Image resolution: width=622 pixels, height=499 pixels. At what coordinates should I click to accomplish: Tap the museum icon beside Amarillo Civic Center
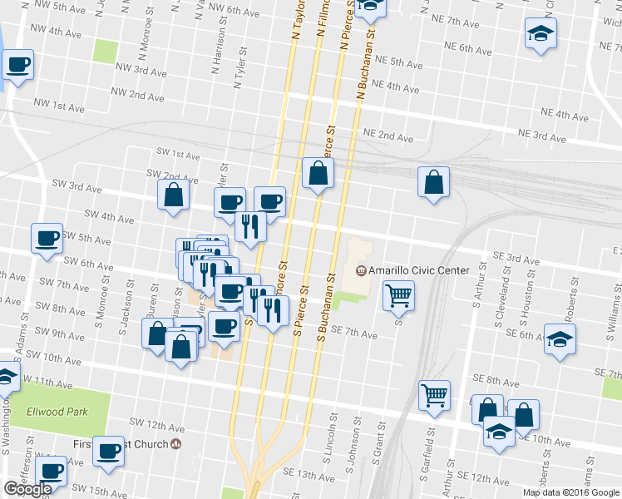[x=361, y=270]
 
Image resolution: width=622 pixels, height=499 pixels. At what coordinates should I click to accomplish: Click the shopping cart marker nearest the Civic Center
[x=399, y=294]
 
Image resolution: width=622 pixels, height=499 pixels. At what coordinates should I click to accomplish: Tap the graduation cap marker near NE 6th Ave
[x=541, y=33]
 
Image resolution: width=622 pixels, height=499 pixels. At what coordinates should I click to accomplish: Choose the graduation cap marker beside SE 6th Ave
[x=560, y=338]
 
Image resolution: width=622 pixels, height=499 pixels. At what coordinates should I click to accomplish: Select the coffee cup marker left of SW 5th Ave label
[x=46, y=238]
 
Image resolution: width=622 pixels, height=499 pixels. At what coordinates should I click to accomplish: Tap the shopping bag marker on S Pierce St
[x=318, y=172]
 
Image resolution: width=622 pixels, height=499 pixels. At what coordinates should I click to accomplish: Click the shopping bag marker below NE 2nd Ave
[x=433, y=181]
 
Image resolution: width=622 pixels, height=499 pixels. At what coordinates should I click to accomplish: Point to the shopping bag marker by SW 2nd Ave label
[x=173, y=195]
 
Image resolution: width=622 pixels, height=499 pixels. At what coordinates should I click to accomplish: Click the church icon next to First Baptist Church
[x=176, y=444]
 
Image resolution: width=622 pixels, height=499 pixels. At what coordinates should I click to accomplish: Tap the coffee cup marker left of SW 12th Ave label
[x=108, y=451]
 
